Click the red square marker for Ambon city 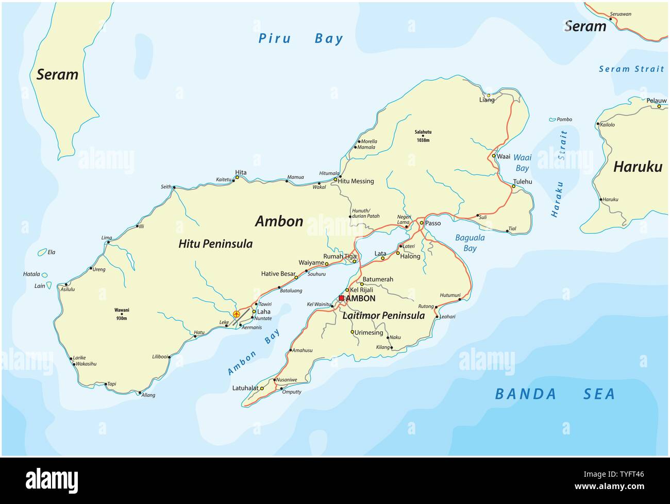point(341,298)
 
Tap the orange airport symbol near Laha point(237,314)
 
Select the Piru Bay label point(300,38)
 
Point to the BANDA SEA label point(555,394)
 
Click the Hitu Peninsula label point(215,243)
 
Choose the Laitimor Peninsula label point(383,315)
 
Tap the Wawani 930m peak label point(122,313)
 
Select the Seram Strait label point(631,69)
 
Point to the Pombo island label point(564,119)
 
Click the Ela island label point(52,252)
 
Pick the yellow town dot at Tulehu point(513,186)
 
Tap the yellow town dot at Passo point(421,223)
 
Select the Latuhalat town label point(245,388)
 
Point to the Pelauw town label point(656,101)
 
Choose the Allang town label point(147,395)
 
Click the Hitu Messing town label point(356,181)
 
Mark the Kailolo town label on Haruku point(607,124)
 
